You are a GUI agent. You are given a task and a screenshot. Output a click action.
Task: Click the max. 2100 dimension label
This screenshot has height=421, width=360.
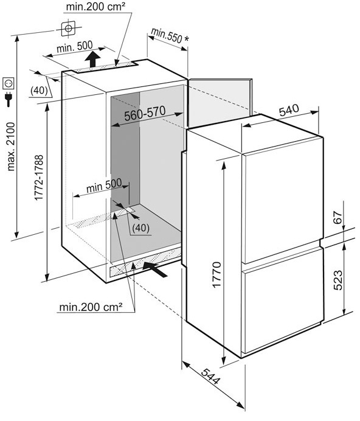[12, 147]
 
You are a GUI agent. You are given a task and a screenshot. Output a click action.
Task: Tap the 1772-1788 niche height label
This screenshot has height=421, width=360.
[39, 178]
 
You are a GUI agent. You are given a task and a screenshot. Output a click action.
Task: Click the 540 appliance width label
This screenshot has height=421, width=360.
[289, 110]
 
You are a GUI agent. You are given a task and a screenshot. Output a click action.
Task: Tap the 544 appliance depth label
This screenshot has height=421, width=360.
[211, 376]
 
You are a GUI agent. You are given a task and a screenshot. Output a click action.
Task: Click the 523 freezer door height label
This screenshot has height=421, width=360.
[337, 280]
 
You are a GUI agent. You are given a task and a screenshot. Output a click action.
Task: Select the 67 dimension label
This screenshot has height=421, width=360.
[338, 217]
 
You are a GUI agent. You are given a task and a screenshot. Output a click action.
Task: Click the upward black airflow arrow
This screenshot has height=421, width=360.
[92, 59]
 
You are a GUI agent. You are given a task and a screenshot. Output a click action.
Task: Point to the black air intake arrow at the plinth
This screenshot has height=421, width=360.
[155, 269]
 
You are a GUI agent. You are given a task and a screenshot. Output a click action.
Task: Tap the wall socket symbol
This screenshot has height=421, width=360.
[8, 83]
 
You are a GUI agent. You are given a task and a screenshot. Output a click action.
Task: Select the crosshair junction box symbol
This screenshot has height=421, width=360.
[69, 28]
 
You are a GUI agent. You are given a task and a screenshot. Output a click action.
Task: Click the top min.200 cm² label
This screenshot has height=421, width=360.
[95, 7]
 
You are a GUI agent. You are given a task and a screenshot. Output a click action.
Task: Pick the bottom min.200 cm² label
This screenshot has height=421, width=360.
[91, 307]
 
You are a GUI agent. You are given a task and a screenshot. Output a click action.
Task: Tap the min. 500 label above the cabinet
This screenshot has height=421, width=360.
[74, 47]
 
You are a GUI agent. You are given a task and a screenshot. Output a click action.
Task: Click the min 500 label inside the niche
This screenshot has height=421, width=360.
[104, 186]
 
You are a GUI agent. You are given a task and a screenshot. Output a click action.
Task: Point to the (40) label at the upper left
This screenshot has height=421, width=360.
[39, 91]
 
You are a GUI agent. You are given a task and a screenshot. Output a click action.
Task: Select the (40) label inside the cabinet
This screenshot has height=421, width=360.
[140, 228]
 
